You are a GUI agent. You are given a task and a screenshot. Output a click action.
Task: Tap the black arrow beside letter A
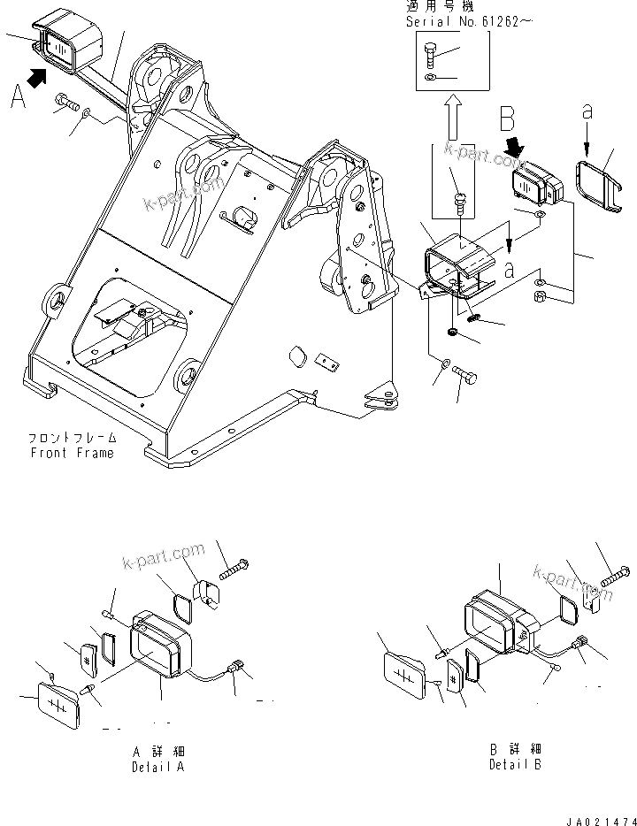36,80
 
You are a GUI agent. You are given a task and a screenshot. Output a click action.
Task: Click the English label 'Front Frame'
72,453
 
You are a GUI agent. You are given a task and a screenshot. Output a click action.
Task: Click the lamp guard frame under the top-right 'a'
600,187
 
